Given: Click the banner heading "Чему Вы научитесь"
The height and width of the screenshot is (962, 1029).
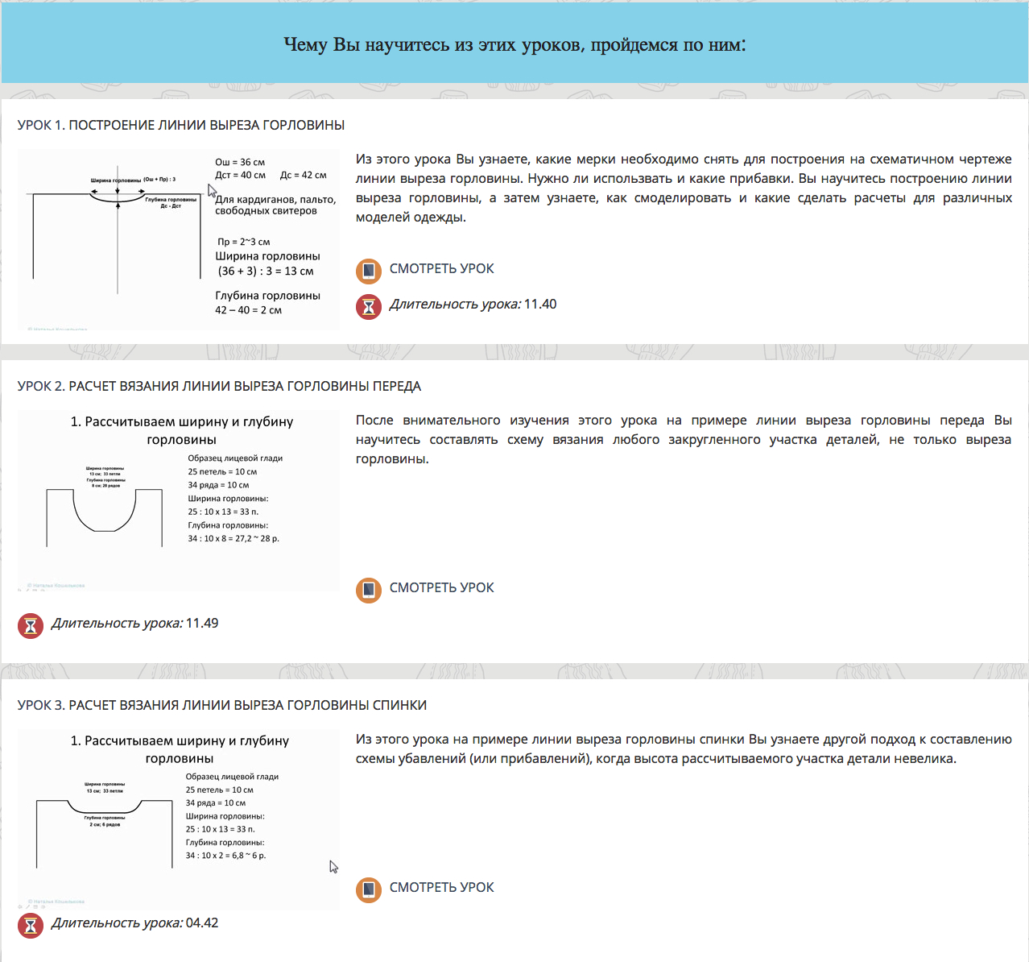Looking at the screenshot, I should [x=514, y=44].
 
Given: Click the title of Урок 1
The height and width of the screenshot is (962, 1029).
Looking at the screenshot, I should [x=181, y=125].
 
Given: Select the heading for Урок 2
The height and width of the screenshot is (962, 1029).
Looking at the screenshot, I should [x=219, y=386].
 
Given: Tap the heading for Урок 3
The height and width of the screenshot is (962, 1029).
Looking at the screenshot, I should [x=222, y=705].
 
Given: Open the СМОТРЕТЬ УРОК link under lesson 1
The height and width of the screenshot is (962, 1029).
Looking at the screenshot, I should [x=441, y=269].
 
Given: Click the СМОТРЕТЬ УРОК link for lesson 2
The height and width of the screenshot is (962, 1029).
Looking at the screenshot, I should [x=441, y=588].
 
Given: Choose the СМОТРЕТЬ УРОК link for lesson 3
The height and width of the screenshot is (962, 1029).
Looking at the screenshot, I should [x=441, y=888].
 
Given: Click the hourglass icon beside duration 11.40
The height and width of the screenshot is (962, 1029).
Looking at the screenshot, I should [x=369, y=306].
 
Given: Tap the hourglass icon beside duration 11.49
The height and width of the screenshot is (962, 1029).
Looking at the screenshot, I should [x=31, y=625].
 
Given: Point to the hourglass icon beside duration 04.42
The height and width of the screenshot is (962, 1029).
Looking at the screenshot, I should [x=31, y=925].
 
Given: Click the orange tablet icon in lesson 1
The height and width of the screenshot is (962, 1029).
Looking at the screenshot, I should [x=369, y=271].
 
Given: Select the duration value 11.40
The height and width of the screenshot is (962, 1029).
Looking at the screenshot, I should [x=540, y=305].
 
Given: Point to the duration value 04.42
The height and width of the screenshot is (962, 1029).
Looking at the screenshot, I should [x=202, y=923].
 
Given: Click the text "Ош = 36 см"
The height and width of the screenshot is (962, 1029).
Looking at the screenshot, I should [x=240, y=162].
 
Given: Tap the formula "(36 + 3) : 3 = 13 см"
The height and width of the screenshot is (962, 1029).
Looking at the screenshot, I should [x=266, y=272].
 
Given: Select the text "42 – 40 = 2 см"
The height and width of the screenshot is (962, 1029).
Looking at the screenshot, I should [x=248, y=310].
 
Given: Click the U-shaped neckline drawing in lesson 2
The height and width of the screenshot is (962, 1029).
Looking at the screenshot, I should [x=105, y=512].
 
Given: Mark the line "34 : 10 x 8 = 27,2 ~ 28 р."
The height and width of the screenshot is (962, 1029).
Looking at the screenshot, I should [x=233, y=538].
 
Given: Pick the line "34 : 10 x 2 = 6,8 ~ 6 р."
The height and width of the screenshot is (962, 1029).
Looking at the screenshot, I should [x=225, y=856].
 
